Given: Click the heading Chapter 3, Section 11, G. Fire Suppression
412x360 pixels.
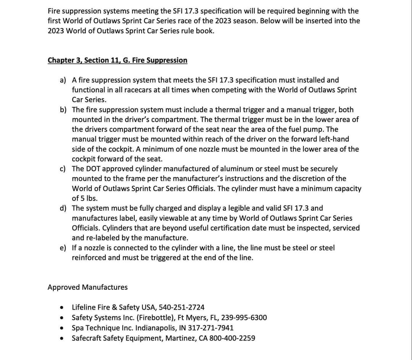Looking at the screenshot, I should [117, 60].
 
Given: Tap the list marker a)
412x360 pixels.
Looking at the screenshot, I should [63, 80].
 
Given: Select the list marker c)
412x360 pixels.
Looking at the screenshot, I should [63, 169].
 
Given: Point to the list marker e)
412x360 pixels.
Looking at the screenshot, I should [63, 248].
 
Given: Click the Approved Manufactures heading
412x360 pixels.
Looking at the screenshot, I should [87, 287].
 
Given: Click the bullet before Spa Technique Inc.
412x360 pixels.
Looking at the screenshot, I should [61, 328].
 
